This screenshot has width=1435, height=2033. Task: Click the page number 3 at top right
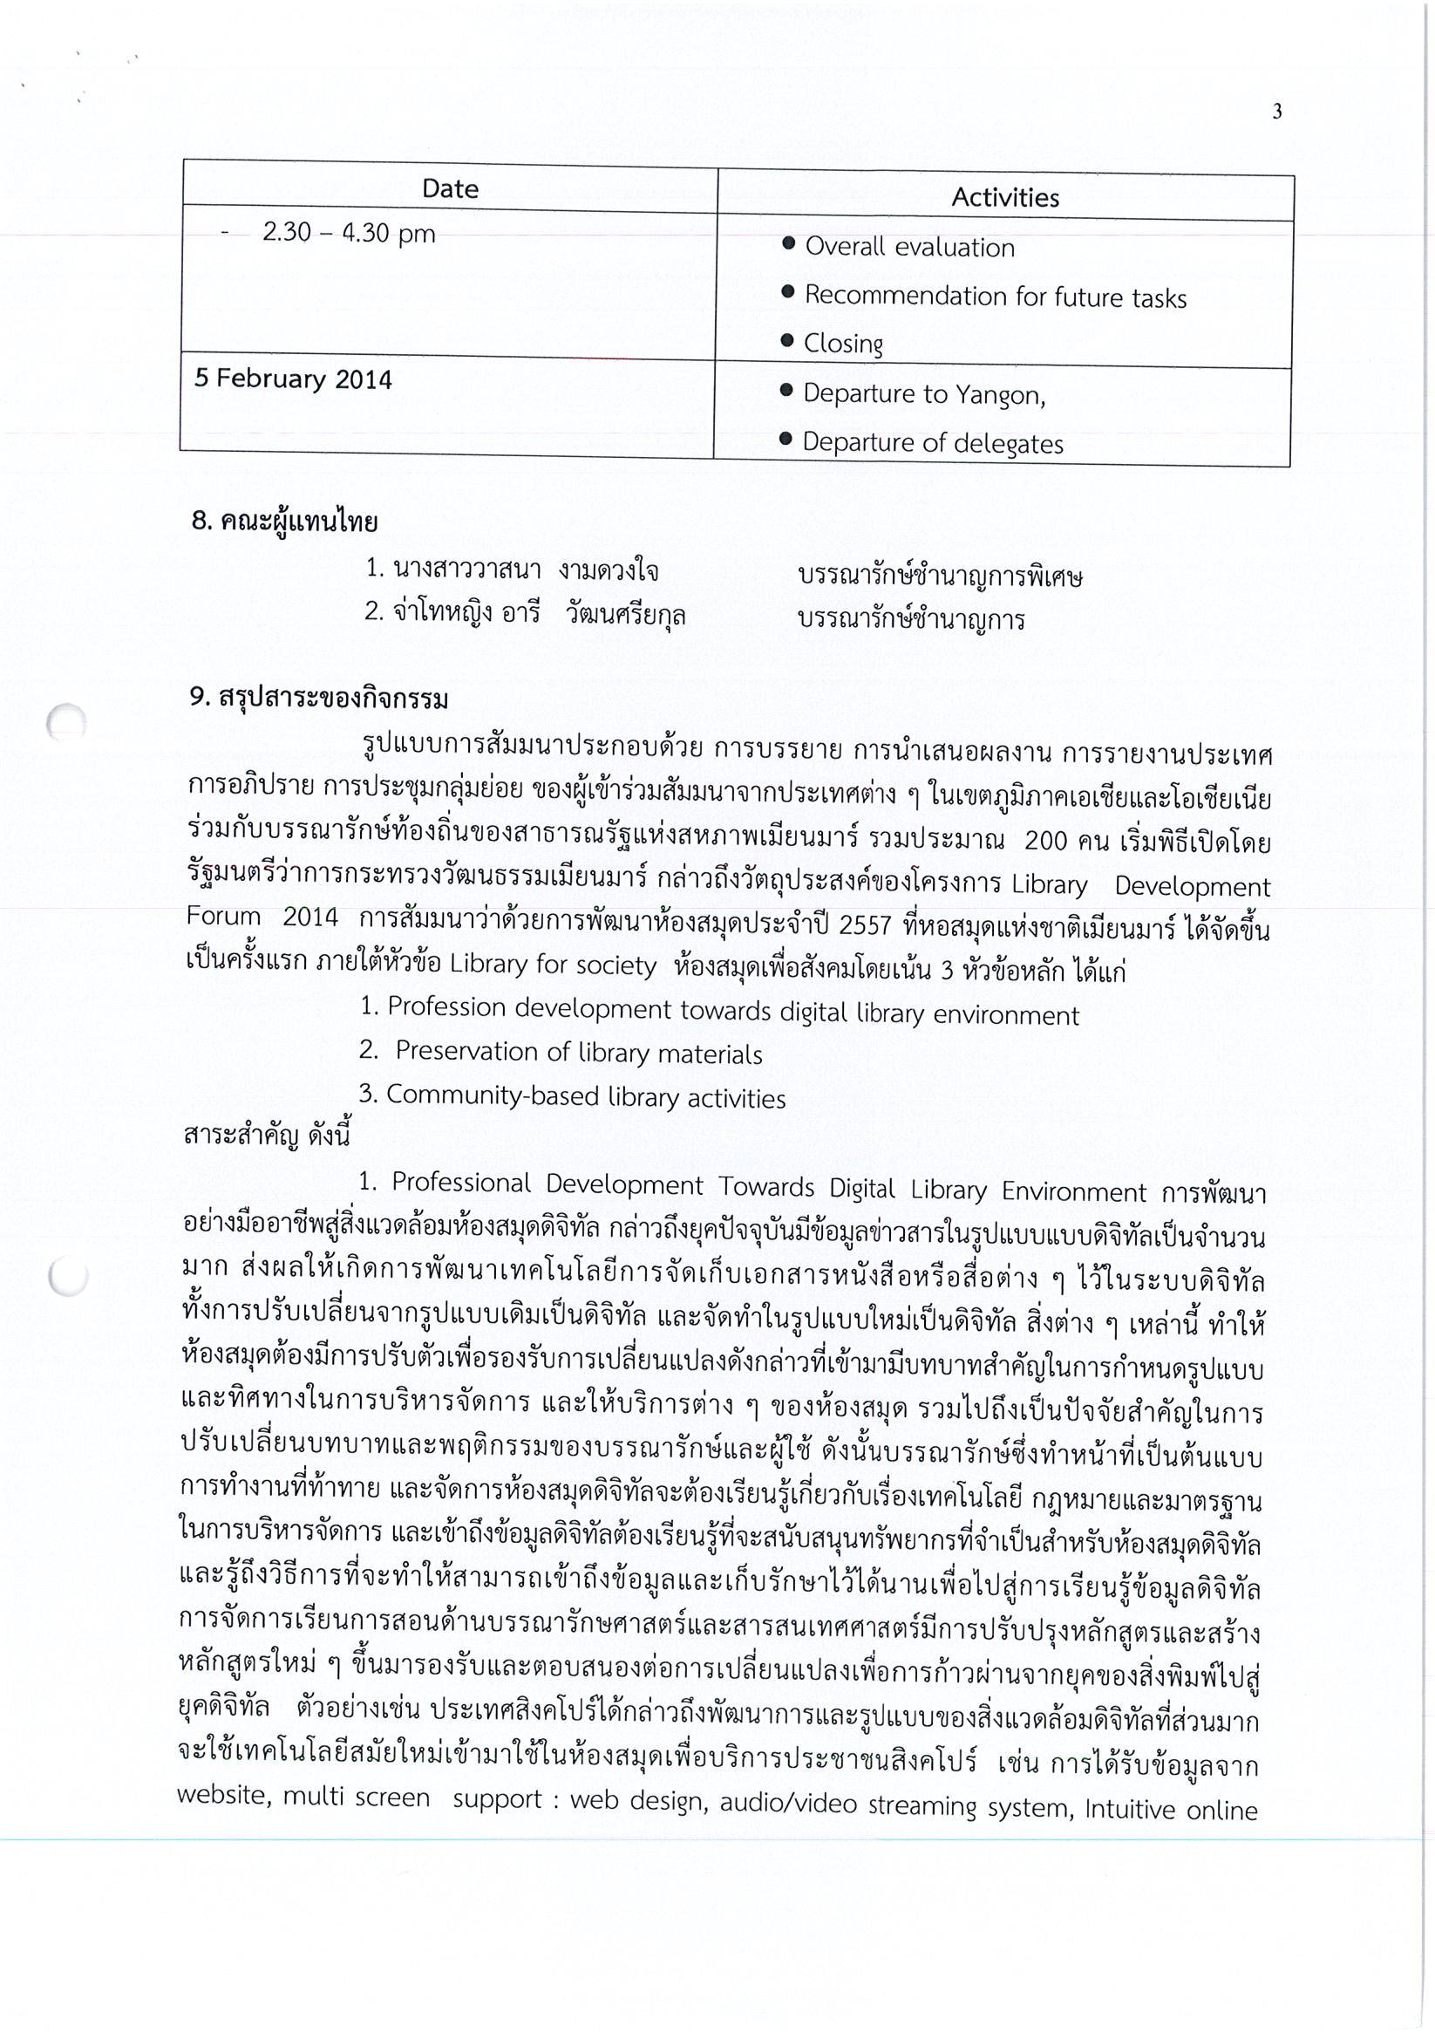(x=1276, y=112)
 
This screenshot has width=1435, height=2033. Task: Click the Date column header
(x=450, y=188)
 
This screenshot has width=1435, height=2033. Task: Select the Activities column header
(x=1005, y=197)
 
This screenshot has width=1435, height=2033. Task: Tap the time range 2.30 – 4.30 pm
(x=349, y=233)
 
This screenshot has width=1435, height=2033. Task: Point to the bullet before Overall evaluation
(x=788, y=243)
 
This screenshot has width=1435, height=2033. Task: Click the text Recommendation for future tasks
(x=995, y=297)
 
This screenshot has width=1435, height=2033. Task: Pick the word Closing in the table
(x=843, y=344)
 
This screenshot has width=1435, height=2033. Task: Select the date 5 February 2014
(x=293, y=379)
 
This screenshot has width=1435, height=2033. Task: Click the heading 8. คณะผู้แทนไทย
(x=284, y=522)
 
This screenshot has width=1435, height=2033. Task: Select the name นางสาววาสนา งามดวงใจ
(x=512, y=570)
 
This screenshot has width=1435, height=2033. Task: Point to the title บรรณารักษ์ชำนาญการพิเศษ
(x=939, y=577)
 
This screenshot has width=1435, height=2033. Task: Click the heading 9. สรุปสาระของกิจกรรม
(x=319, y=699)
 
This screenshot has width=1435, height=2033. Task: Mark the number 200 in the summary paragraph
(x=1044, y=840)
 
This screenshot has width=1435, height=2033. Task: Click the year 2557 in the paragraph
(x=864, y=925)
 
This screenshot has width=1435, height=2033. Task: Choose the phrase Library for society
(x=553, y=965)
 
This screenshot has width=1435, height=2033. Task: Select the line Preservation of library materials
(x=578, y=1053)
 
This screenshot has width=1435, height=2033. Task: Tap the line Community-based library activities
(x=585, y=1097)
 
